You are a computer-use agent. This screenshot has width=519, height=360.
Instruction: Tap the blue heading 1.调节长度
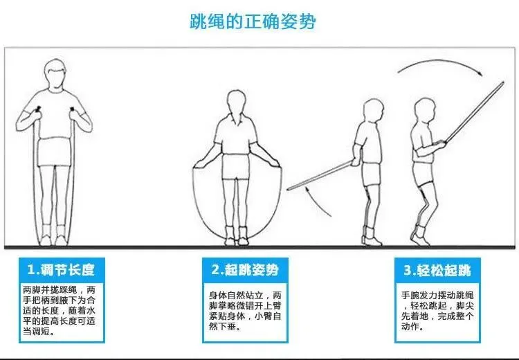61,269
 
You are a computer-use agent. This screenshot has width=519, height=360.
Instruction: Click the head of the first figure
55,75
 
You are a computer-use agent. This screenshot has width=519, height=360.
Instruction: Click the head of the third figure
374,109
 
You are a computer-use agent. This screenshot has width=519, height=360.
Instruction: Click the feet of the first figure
55,239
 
